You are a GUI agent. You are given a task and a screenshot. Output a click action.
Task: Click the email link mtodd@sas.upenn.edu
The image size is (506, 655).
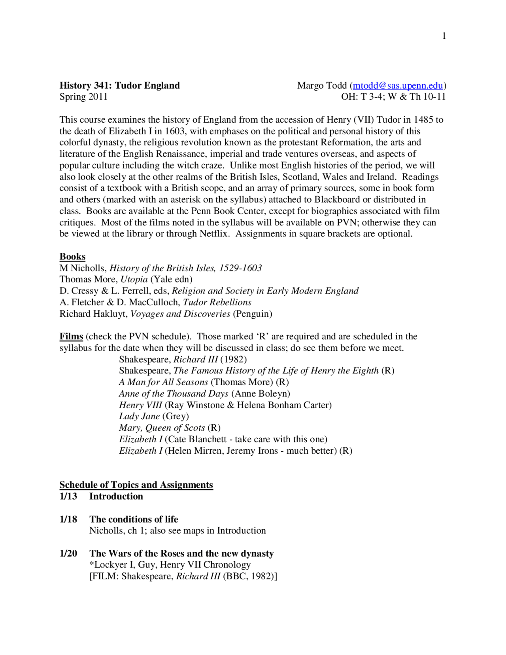[x=397, y=85]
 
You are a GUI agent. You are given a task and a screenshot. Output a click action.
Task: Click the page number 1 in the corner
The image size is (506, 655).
[x=444, y=36]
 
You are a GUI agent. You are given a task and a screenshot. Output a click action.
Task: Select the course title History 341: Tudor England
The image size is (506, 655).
[x=119, y=85]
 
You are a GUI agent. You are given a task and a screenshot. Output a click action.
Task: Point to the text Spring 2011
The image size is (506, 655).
[x=83, y=97]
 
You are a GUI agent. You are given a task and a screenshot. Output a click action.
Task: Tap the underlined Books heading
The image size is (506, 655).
[x=72, y=256]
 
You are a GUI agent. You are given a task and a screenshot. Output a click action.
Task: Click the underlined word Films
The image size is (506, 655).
[x=71, y=336]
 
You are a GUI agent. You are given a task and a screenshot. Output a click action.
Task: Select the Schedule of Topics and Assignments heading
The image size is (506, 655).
[x=136, y=485]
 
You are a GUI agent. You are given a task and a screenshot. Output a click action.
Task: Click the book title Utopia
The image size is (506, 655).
[x=134, y=279]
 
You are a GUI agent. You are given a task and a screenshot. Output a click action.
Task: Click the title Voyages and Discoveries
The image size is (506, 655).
[x=180, y=314]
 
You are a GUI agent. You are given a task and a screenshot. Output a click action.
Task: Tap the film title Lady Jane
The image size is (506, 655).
[x=139, y=416]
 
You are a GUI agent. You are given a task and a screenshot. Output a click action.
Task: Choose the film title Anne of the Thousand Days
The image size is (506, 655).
[x=174, y=394]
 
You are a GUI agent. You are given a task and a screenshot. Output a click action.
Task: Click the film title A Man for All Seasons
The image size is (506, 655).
[x=163, y=382]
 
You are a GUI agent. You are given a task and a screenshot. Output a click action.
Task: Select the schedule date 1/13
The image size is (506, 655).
[x=68, y=496]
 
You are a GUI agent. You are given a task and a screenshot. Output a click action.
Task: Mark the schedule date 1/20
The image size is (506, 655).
[x=68, y=553]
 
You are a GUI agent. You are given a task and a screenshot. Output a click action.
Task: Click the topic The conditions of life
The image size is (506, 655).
[x=134, y=519]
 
